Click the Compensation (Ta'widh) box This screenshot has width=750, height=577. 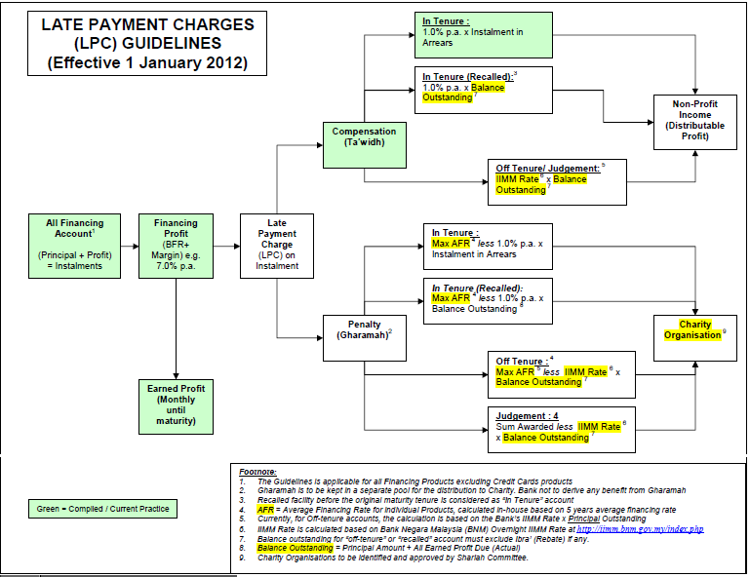pos(364,137)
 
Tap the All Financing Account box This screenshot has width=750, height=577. pos(81,245)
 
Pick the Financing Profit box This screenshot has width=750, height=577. pos(175,244)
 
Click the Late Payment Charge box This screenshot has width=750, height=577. pos(277,246)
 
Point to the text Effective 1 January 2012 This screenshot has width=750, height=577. pos(146,64)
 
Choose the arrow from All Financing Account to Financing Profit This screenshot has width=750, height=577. pos(129,246)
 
